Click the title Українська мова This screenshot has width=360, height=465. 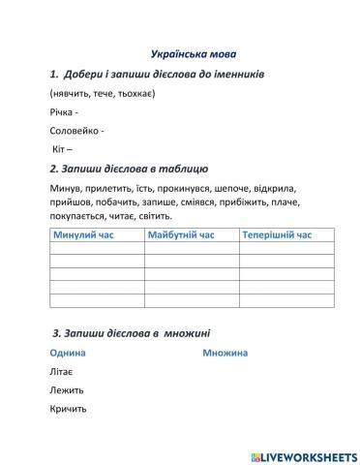tap(194, 54)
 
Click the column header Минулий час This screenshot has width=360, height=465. tap(84, 235)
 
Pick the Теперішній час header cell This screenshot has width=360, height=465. tap(278, 235)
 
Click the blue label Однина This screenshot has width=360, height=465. tap(67, 353)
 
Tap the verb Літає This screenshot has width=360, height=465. tap(61, 371)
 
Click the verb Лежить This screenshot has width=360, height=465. tap(66, 389)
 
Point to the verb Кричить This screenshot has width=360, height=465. tap(68, 408)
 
